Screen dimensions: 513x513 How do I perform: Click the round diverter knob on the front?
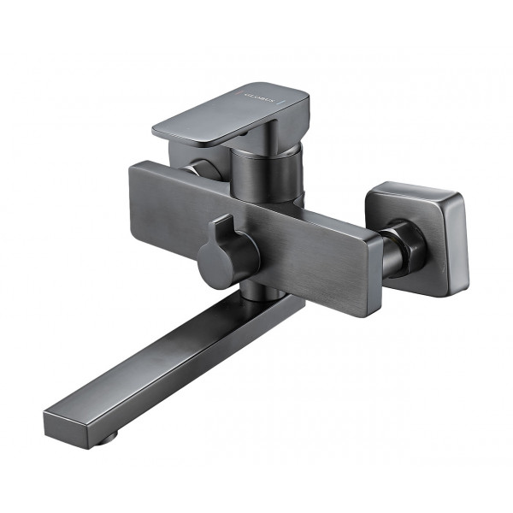[x=224, y=261]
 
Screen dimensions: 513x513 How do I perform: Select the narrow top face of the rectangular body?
[x=256, y=192]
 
